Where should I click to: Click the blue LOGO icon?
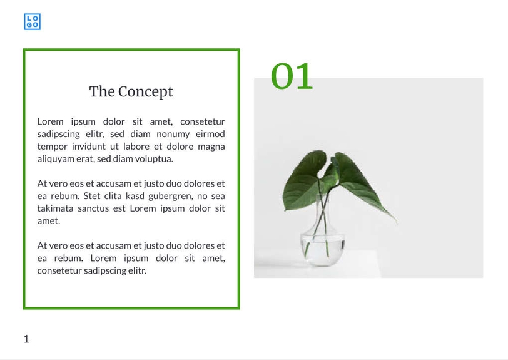coord(33,22)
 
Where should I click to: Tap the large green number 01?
coord(292,76)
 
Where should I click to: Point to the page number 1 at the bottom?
coord(26,339)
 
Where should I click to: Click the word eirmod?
coord(210,134)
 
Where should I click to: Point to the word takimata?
coord(58,208)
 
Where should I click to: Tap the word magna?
coord(211,147)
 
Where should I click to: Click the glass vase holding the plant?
coord(322,241)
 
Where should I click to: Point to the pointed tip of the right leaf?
coord(396,223)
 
